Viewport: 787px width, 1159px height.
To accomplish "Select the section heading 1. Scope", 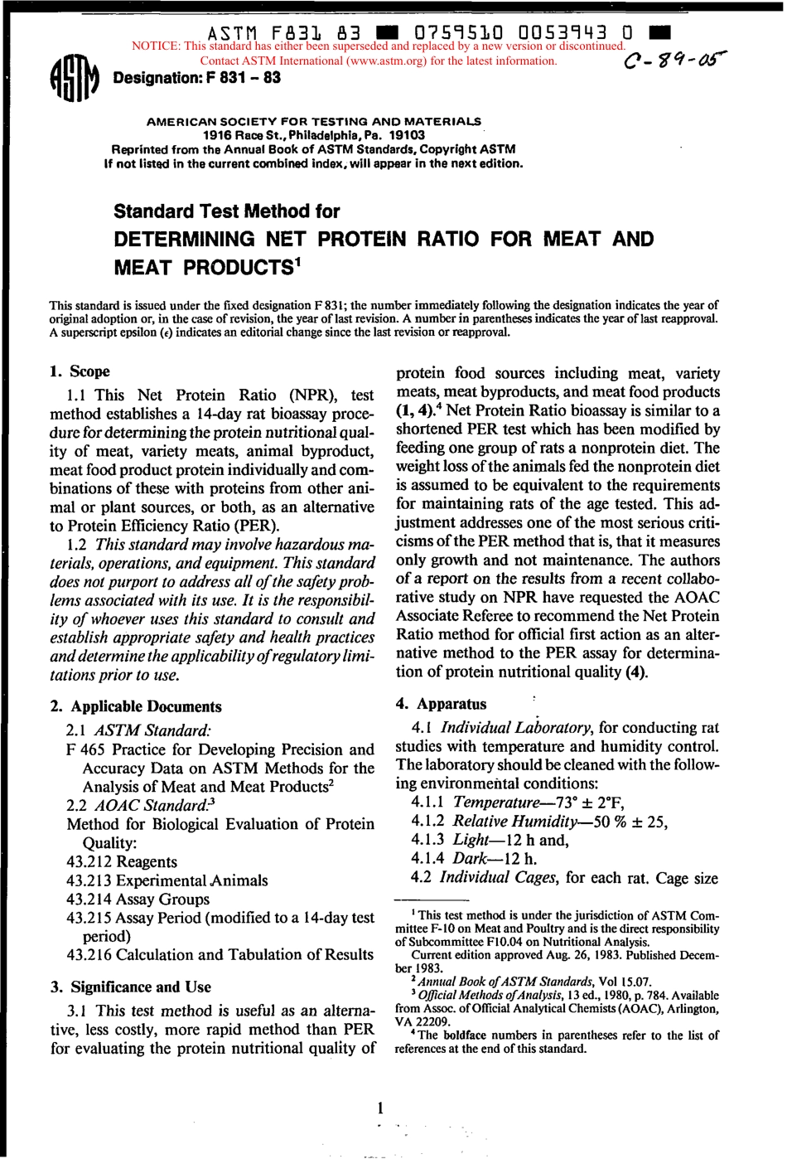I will pyautogui.click(x=80, y=371).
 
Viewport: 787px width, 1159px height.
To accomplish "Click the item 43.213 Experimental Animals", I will pyautogui.click(x=167, y=880).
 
